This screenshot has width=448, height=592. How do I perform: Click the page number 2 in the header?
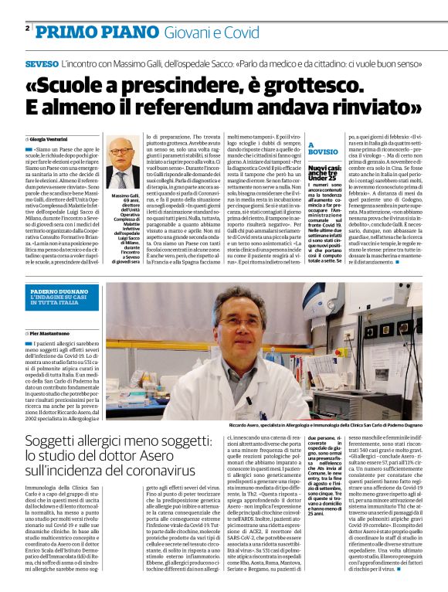(28, 29)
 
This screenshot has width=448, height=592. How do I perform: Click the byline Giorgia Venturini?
(59, 137)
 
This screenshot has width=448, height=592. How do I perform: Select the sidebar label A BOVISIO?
(319, 148)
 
